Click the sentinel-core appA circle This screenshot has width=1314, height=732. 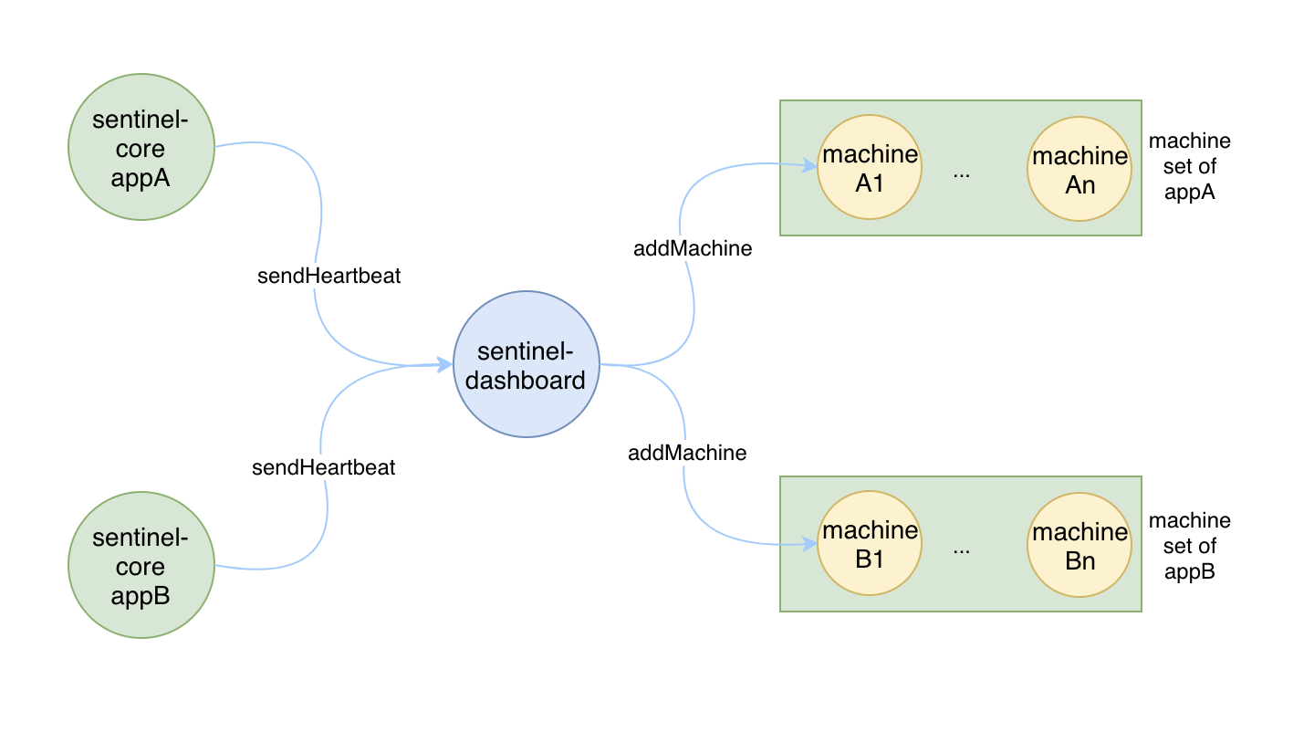point(141,147)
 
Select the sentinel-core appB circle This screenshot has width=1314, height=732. point(141,565)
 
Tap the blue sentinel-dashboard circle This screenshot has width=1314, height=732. point(527,364)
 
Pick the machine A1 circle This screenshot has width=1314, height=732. point(870,167)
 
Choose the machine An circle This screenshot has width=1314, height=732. point(1079,169)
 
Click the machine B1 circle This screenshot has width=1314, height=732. point(870,543)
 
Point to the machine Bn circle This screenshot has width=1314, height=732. point(1079,545)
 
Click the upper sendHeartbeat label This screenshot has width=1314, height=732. point(328,276)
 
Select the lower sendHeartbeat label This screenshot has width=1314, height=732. point(323,467)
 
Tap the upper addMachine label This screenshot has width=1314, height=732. point(693,248)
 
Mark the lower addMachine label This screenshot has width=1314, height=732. point(687,453)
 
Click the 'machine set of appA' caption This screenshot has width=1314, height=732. point(1189,167)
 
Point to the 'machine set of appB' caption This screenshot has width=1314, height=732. point(1189,546)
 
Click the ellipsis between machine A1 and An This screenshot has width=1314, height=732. point(962,175)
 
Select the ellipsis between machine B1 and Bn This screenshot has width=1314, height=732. point(962,550)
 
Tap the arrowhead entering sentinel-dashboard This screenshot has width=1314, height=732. point(444,364)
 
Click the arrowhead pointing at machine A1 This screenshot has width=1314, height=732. point(809,166)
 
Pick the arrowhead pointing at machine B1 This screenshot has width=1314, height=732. point(809,544)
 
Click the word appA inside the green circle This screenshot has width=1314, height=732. point(141,178)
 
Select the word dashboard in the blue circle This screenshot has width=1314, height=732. point(525,381)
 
